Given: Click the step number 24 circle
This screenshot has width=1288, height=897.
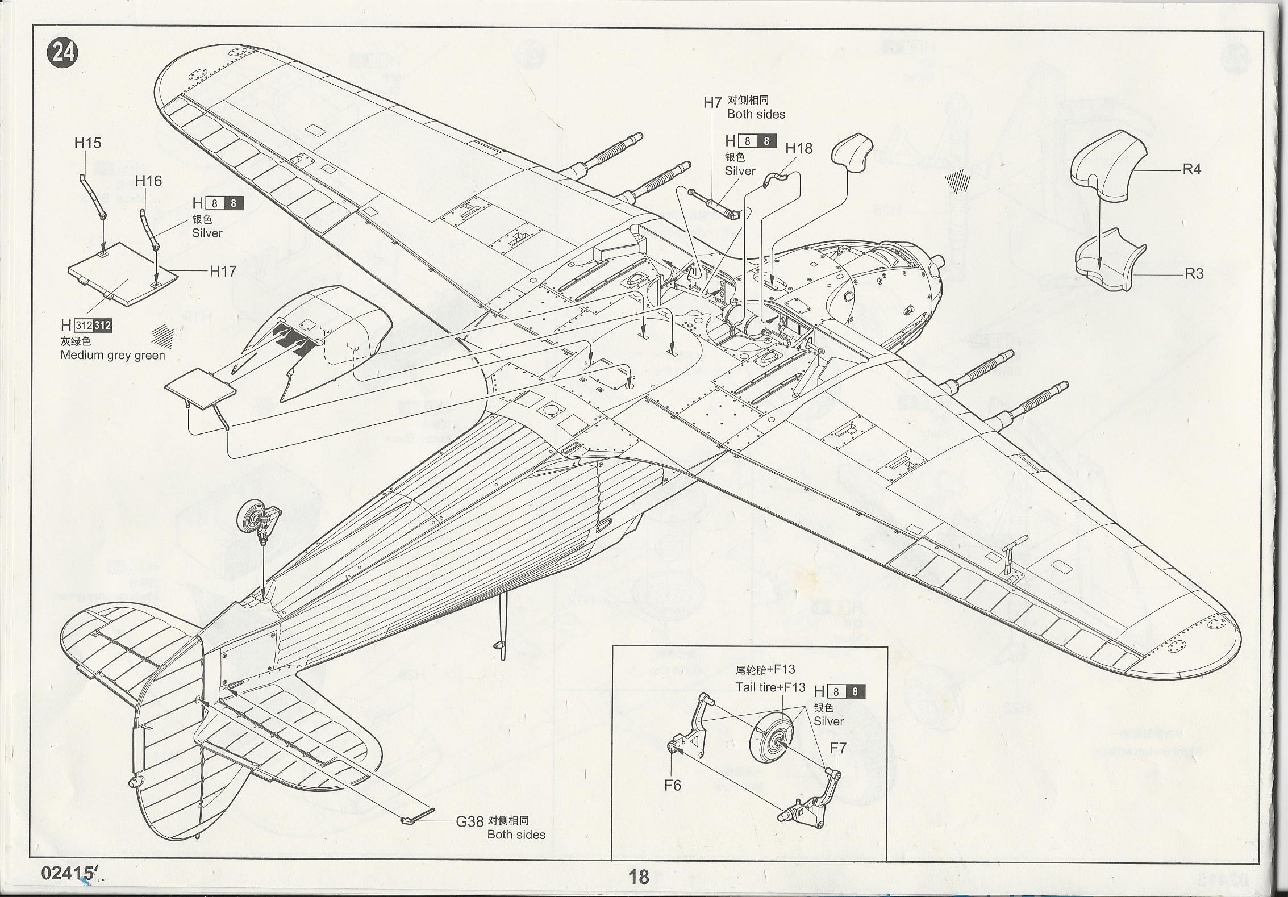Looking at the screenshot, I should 64,53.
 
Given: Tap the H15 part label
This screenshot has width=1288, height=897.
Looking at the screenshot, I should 87,143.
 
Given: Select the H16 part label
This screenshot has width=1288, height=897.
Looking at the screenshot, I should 148,181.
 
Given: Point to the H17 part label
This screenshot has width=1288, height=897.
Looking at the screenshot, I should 223,272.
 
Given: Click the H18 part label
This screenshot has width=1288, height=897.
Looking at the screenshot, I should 799,149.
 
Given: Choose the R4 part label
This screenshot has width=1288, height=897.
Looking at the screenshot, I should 1191,169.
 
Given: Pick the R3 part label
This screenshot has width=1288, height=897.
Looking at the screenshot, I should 1194,274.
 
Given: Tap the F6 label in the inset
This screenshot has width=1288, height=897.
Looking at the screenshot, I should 672,786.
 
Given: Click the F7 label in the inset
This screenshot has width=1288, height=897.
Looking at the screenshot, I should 838,748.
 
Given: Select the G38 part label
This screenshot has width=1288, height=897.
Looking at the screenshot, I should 469,821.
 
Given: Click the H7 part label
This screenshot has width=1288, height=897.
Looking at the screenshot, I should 712,103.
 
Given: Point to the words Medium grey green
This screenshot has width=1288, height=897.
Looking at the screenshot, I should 112,356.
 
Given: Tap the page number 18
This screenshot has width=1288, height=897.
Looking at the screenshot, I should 639,877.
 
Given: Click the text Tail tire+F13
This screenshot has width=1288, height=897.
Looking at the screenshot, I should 770,687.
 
